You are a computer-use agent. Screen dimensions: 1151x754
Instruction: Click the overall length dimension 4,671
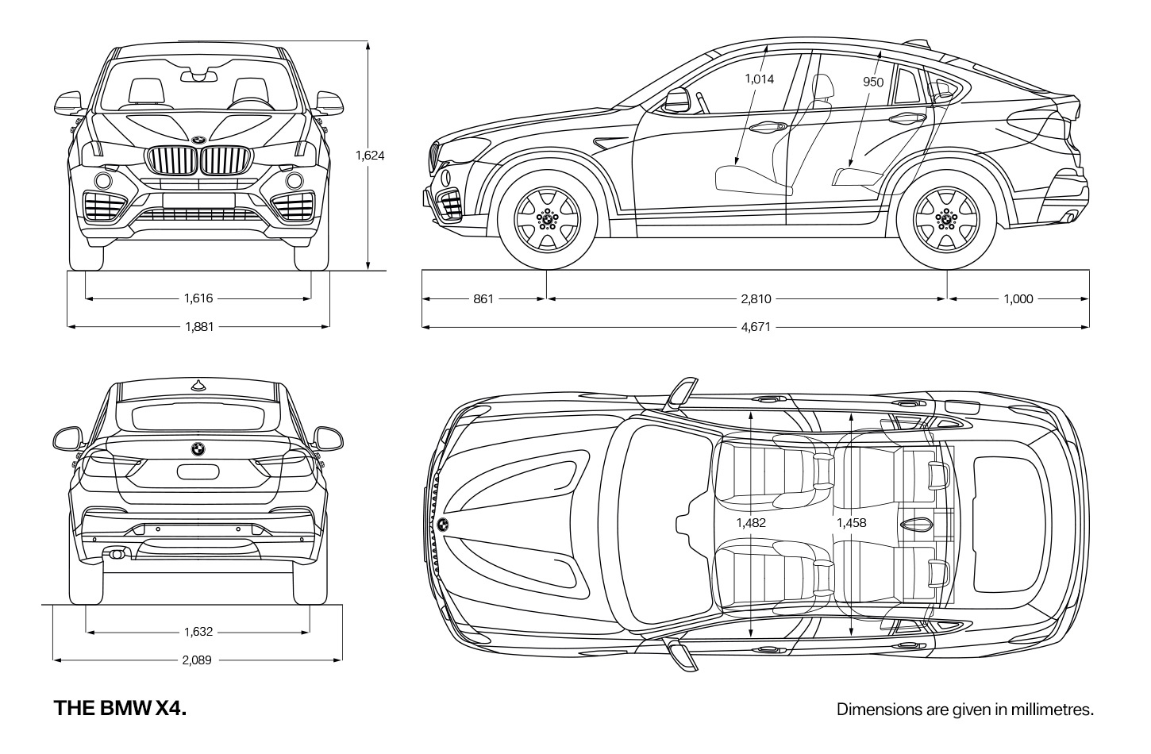click(756, 327)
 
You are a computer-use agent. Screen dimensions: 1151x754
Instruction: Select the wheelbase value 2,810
click(756, 299)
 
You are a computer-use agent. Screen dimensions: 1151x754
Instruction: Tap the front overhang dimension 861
click(483, 299)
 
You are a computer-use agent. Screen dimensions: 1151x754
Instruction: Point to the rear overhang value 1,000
click(1018, 299)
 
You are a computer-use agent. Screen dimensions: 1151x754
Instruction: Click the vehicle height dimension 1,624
click(370, 156)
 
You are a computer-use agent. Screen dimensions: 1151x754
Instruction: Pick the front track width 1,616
click(198, 298)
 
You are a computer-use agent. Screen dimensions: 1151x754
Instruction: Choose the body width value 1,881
click(199, 327)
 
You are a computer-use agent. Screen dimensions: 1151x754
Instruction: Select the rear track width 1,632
click(198, 632)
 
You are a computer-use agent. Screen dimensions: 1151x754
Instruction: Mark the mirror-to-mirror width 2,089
click(197, 660)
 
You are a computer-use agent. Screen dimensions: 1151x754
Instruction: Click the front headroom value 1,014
click(759, 79)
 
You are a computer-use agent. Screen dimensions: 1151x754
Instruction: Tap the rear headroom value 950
click(873, 83)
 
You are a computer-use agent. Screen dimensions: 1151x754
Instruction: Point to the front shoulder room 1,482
click(751, 523)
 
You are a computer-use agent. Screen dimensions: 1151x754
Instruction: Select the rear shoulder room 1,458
click(852, 523)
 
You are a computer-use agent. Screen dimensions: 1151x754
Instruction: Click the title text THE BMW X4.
click(120, 708)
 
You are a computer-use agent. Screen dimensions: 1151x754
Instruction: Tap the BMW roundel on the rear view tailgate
click(198, 449)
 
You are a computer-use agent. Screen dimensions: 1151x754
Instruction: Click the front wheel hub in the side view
click(548, 220)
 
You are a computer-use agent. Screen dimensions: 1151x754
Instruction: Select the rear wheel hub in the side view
click(946, 220)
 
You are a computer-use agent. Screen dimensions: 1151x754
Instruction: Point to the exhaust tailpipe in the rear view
click(115, 554)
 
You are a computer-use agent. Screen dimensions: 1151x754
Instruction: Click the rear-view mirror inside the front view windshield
click(198, 76)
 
